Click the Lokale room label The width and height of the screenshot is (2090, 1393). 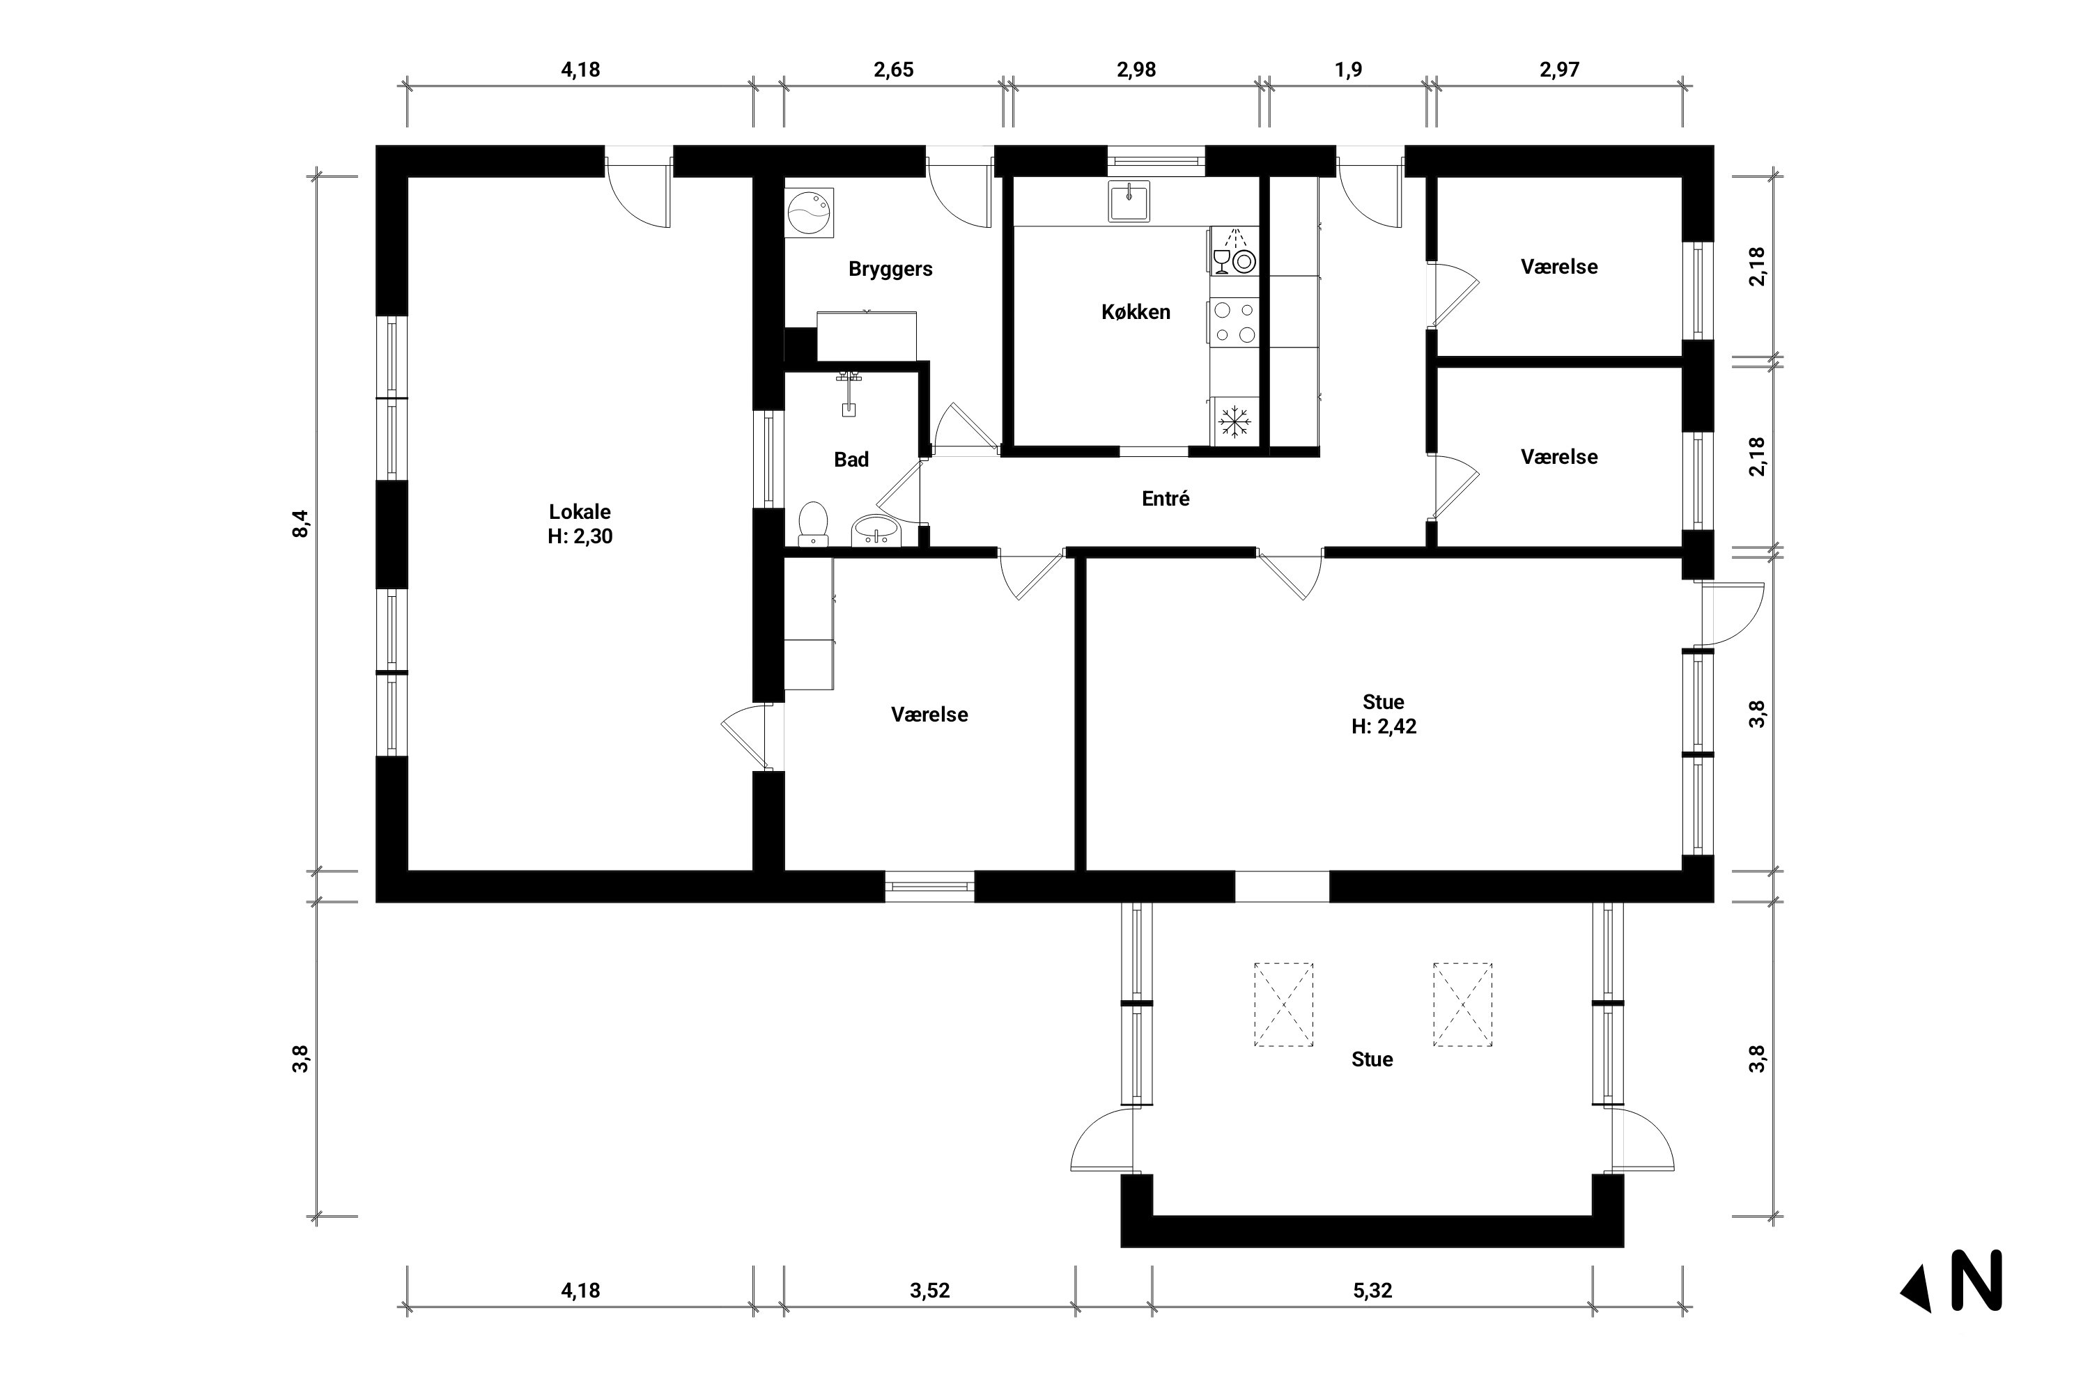(x=580, y=512)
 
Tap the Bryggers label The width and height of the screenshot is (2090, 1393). (x=890, y=269)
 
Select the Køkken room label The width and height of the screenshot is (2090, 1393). (x=1135, y=313)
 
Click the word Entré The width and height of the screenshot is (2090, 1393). (x=1165, y=499)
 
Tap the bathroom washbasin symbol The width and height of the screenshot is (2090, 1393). (x=876, y=531)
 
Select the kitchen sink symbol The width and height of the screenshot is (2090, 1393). (x=1129, y=201)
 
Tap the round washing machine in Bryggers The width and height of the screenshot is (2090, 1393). (x=810, y=213)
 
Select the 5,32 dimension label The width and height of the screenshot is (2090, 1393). (x=1372, y=1291)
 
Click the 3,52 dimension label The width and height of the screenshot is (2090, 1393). (x=929, y=1291)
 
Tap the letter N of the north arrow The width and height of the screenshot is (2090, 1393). (x=1976, y=1280)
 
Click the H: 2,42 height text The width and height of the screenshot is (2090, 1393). (x=1384, y=726)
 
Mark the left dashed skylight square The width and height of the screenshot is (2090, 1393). (x=1283, y=1005)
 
